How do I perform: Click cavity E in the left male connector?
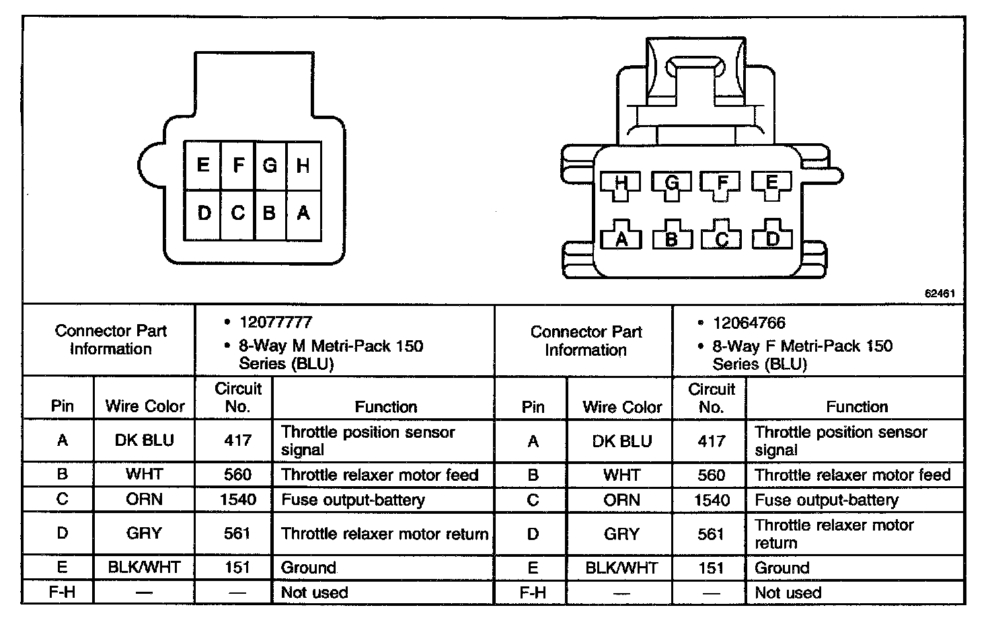pos(202,165)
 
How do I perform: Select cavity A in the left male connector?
pos(303,214)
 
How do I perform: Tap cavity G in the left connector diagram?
pos(270,165)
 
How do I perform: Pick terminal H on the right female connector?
pos(621,183)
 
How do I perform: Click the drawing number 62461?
pos(940,294)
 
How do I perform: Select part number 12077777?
pos(276,323)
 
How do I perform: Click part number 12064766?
pos(749,323)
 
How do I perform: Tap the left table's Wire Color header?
pos(145,406)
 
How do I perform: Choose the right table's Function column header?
pos(857,406)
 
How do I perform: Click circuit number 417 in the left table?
pos(237,440)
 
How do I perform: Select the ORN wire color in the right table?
pos(621,500)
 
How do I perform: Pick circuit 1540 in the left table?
pos(237,500)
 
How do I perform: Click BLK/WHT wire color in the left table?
pos(144,567)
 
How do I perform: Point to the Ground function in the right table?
pos(782,568)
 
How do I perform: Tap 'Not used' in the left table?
pos(314,592)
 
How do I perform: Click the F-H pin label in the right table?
pos(533,592)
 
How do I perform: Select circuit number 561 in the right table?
pos(711,534)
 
